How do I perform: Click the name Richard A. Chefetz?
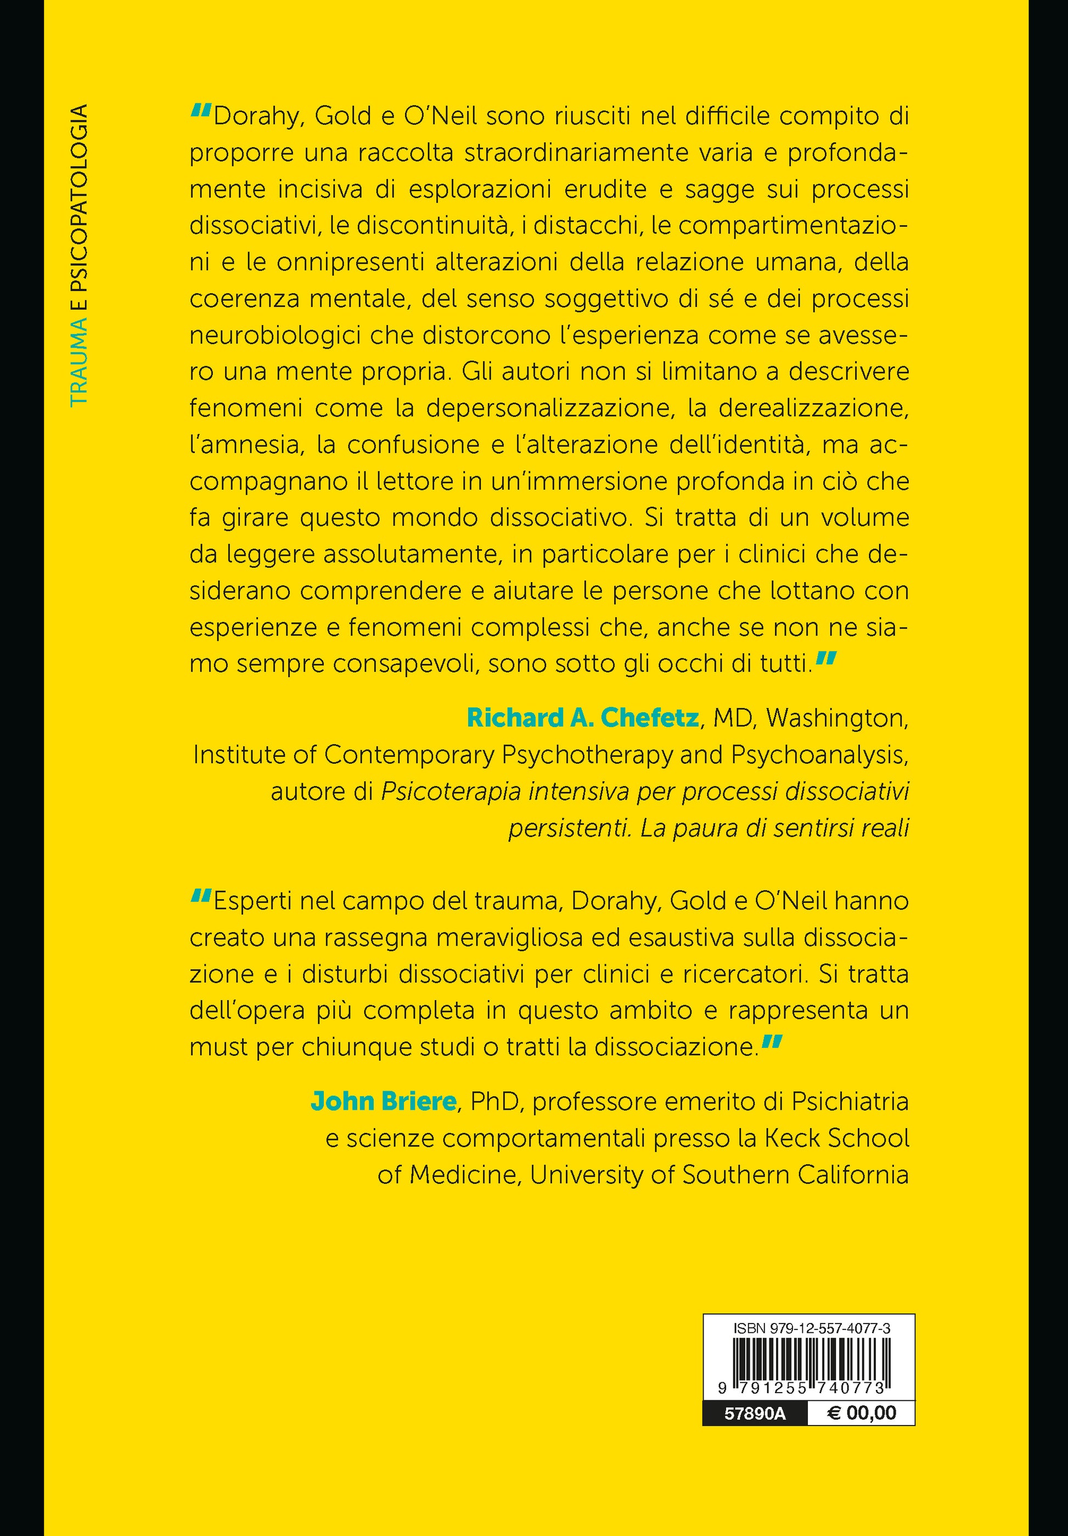tap(582, 718)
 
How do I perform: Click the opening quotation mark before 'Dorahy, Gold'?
tap(201, 111)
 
